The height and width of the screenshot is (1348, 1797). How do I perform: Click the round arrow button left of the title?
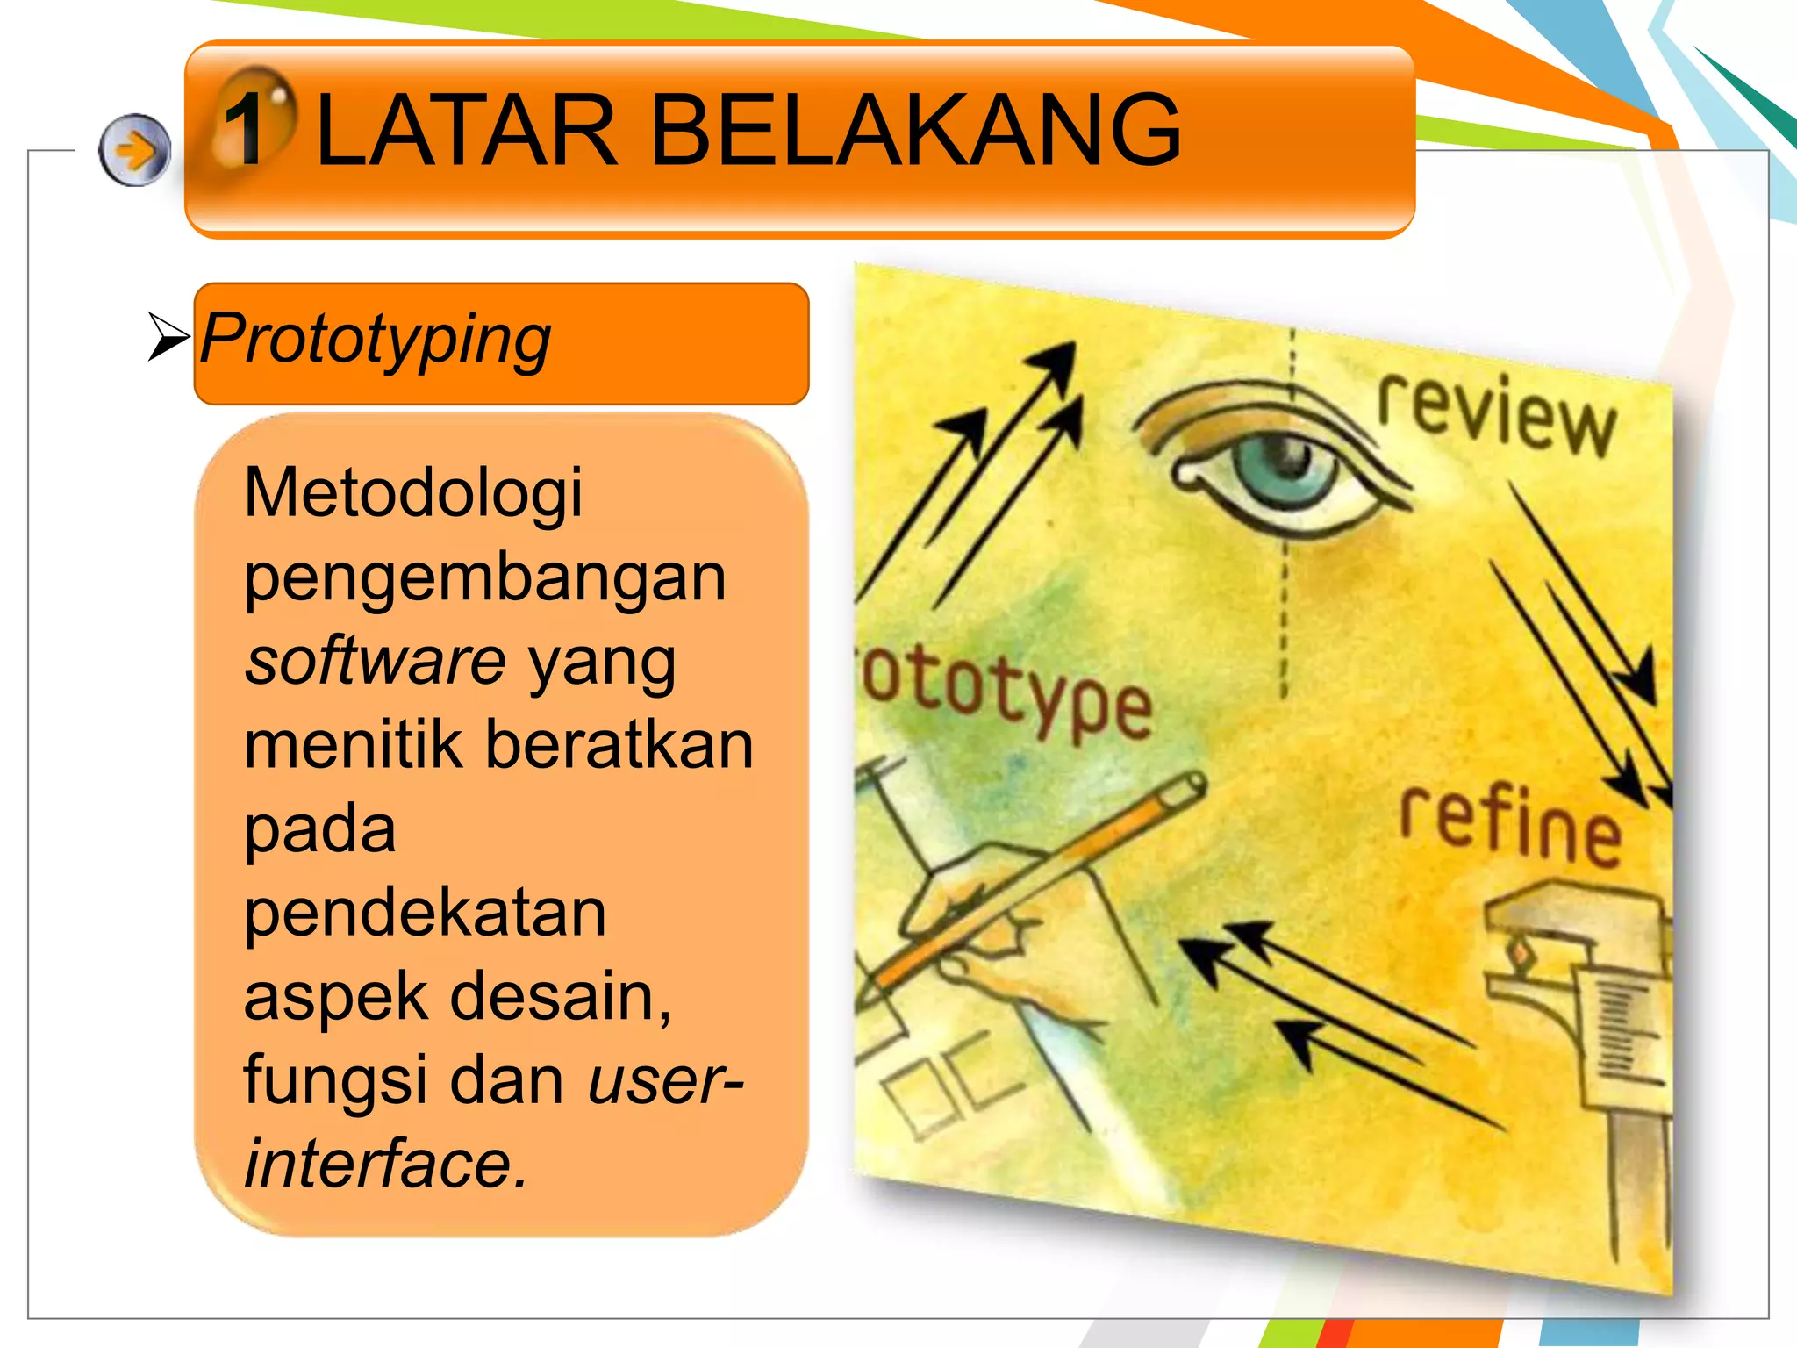tap(134, 150)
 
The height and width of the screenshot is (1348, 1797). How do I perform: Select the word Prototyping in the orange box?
tap(376, 340)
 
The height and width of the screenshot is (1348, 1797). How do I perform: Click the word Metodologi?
tap(413, 493)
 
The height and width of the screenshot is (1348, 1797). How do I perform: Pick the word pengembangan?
tap(485, 579)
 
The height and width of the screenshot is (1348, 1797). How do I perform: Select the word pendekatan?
tap(425, 914)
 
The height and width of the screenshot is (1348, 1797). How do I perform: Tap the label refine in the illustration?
tap(1509, 825)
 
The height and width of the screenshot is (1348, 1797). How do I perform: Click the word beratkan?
tap(619, 745)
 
